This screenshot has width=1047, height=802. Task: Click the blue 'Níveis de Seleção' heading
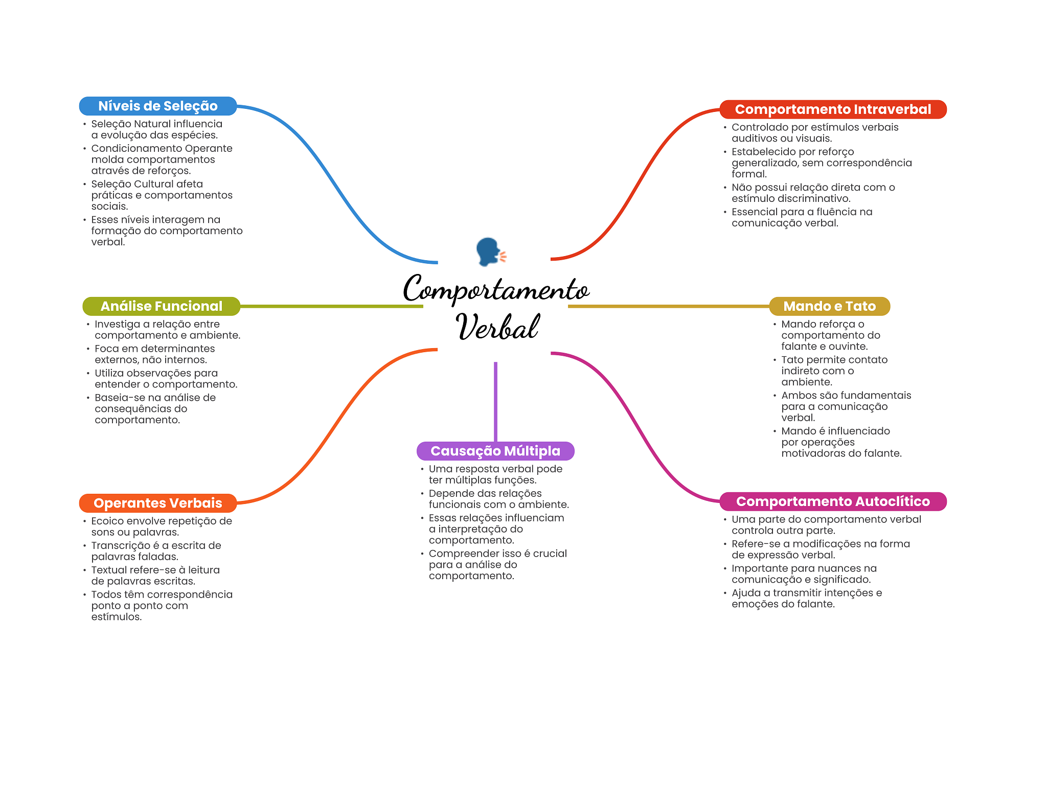pos(157,106)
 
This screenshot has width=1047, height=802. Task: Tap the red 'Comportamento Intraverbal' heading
pos(833,109)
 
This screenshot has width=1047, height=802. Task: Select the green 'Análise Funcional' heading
pos(161,306)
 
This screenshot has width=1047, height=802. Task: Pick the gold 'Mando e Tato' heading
pos(829,306)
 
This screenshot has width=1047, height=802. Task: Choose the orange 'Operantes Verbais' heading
pos(157,503)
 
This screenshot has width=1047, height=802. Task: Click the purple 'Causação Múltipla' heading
pos(495,451)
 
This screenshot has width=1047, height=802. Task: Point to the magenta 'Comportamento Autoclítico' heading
pos(833,501)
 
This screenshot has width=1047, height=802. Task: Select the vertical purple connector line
pos(495,401)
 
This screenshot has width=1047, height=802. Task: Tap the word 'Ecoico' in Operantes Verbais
pos(107,521)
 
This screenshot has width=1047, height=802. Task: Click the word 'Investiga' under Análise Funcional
pos(117,324)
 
